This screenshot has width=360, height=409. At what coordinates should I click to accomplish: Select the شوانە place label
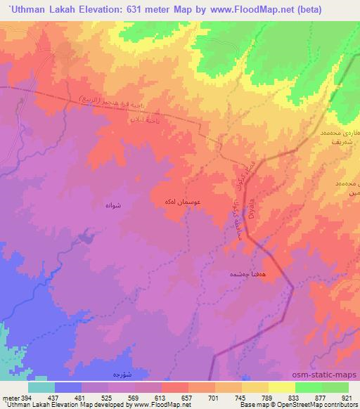114,205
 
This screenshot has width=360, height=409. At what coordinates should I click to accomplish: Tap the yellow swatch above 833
281,387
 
